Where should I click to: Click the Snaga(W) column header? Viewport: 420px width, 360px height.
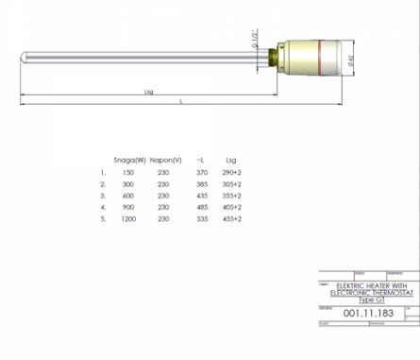pos(128,160)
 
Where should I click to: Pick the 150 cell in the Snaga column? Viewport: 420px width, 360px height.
pos(128,174)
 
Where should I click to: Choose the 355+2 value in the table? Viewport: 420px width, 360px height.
pos(232,196)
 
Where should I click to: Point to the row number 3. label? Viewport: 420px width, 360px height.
pos(103,196)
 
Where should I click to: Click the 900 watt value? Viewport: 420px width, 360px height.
pos(128,207)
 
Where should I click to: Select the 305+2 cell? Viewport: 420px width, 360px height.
pos(232,185)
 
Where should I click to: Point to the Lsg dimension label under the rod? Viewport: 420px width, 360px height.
pos(146,93)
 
